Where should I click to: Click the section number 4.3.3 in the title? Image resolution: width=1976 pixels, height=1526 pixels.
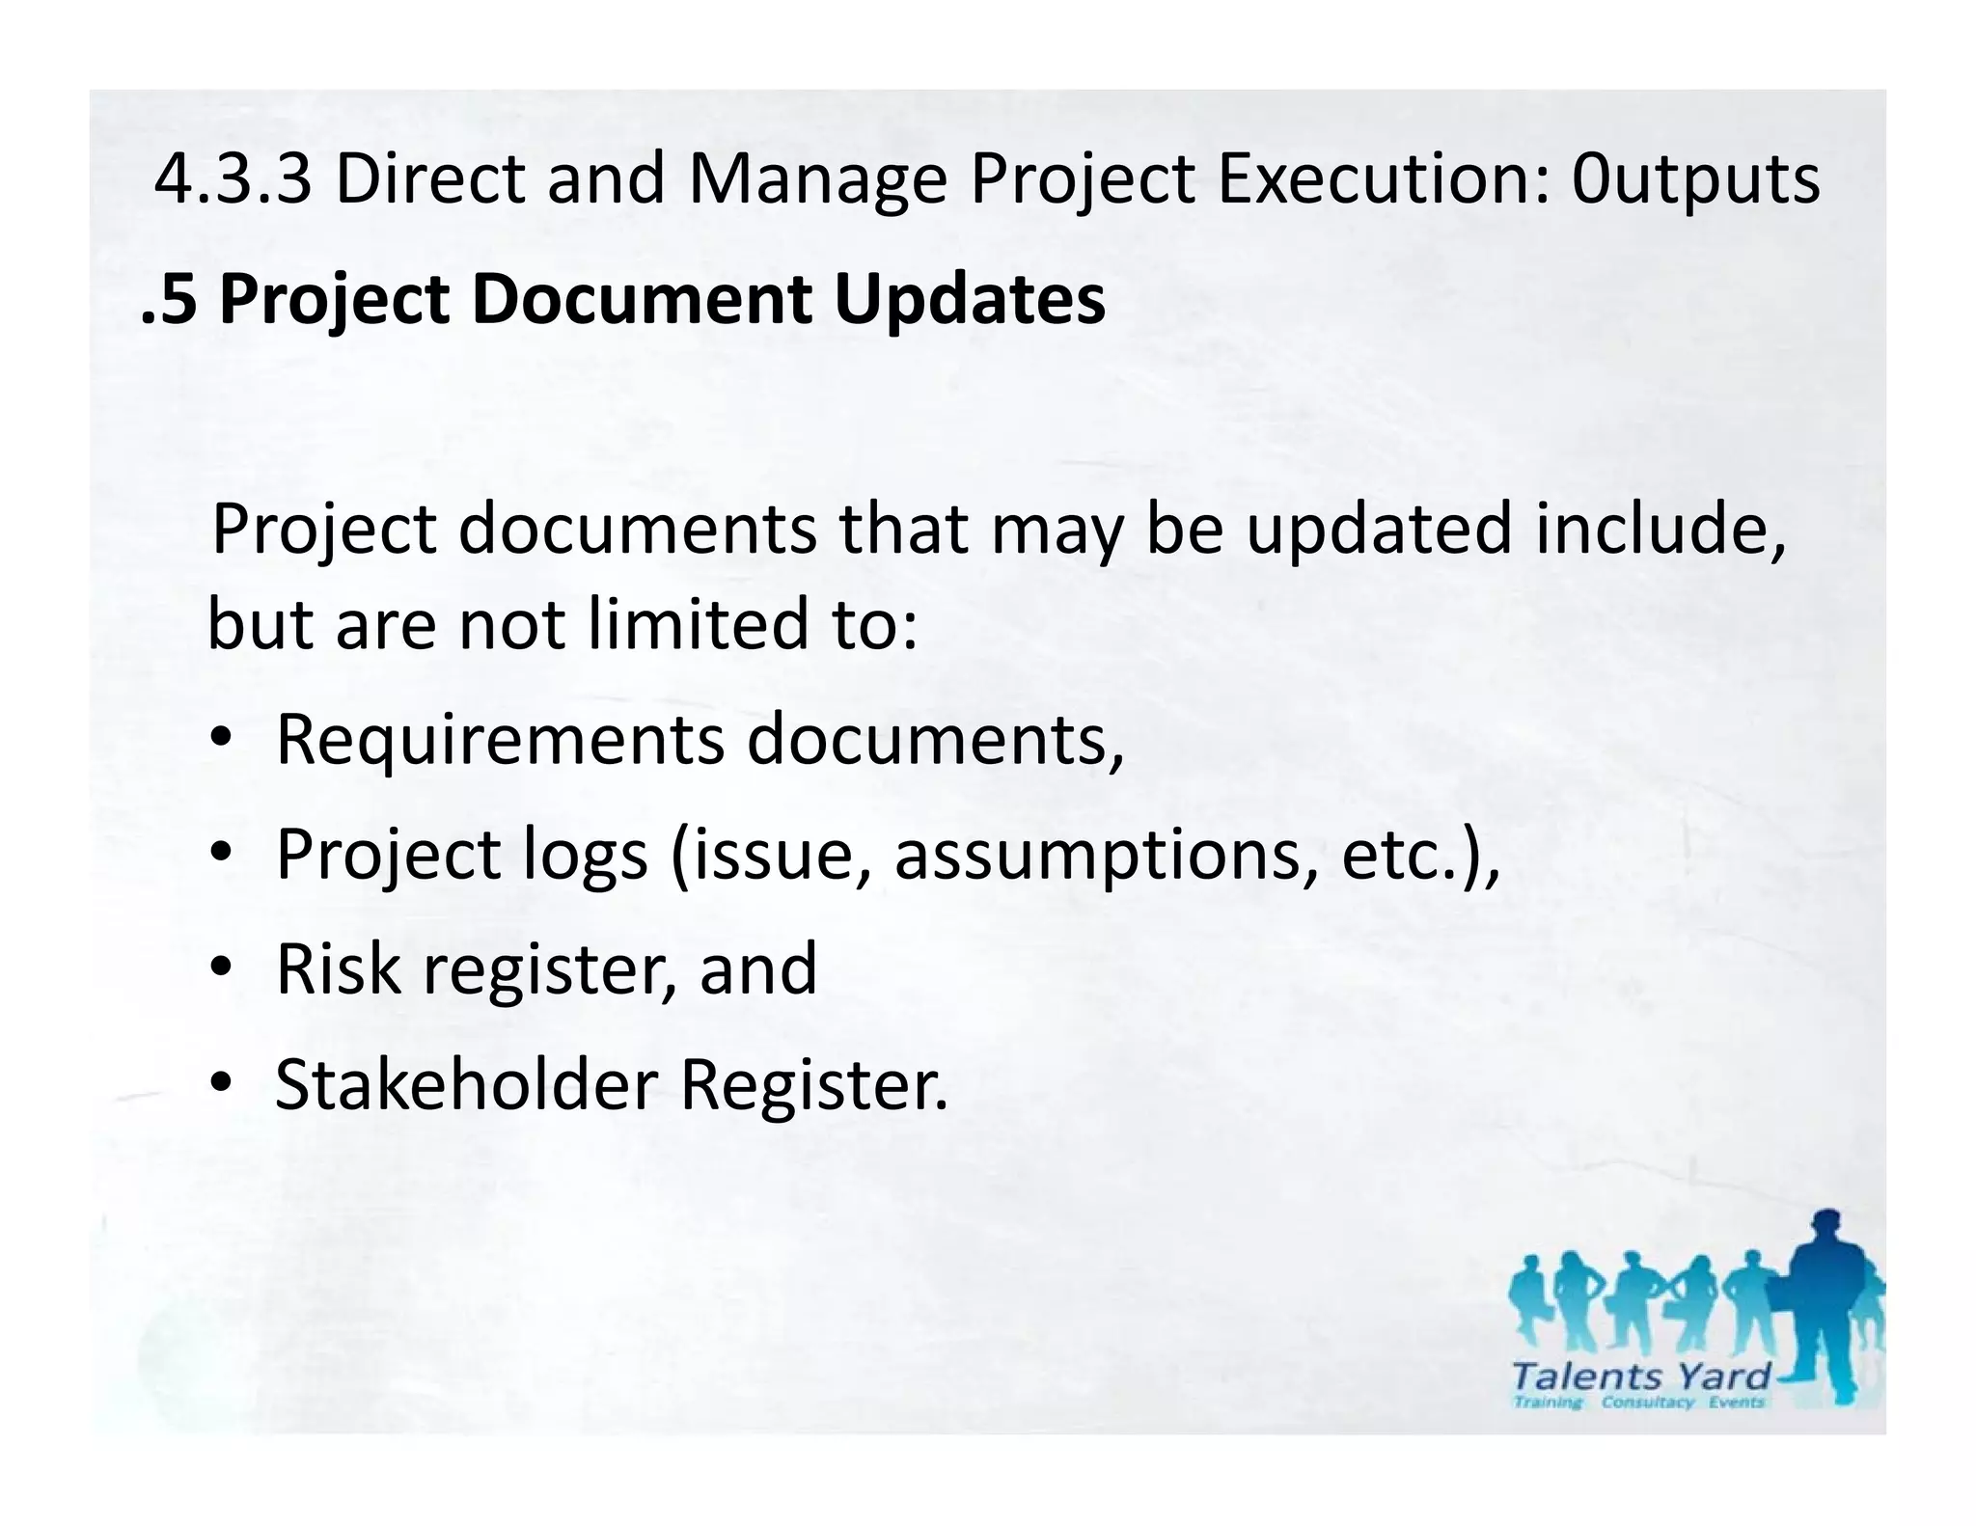[x=233, y=180]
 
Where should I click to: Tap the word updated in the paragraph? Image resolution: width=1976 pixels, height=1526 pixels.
[x=1379, y=530]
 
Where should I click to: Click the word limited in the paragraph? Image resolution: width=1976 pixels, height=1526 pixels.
[x=699, y=624]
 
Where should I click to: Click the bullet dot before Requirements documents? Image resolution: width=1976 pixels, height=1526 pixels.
[x=221, y=739]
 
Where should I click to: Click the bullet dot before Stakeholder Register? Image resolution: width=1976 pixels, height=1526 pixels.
[x=221, y=1083]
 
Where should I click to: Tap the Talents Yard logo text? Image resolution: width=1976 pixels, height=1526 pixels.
[x=1641, y=1376]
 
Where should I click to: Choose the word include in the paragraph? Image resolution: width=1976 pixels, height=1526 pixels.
[x=1659, y=530]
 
